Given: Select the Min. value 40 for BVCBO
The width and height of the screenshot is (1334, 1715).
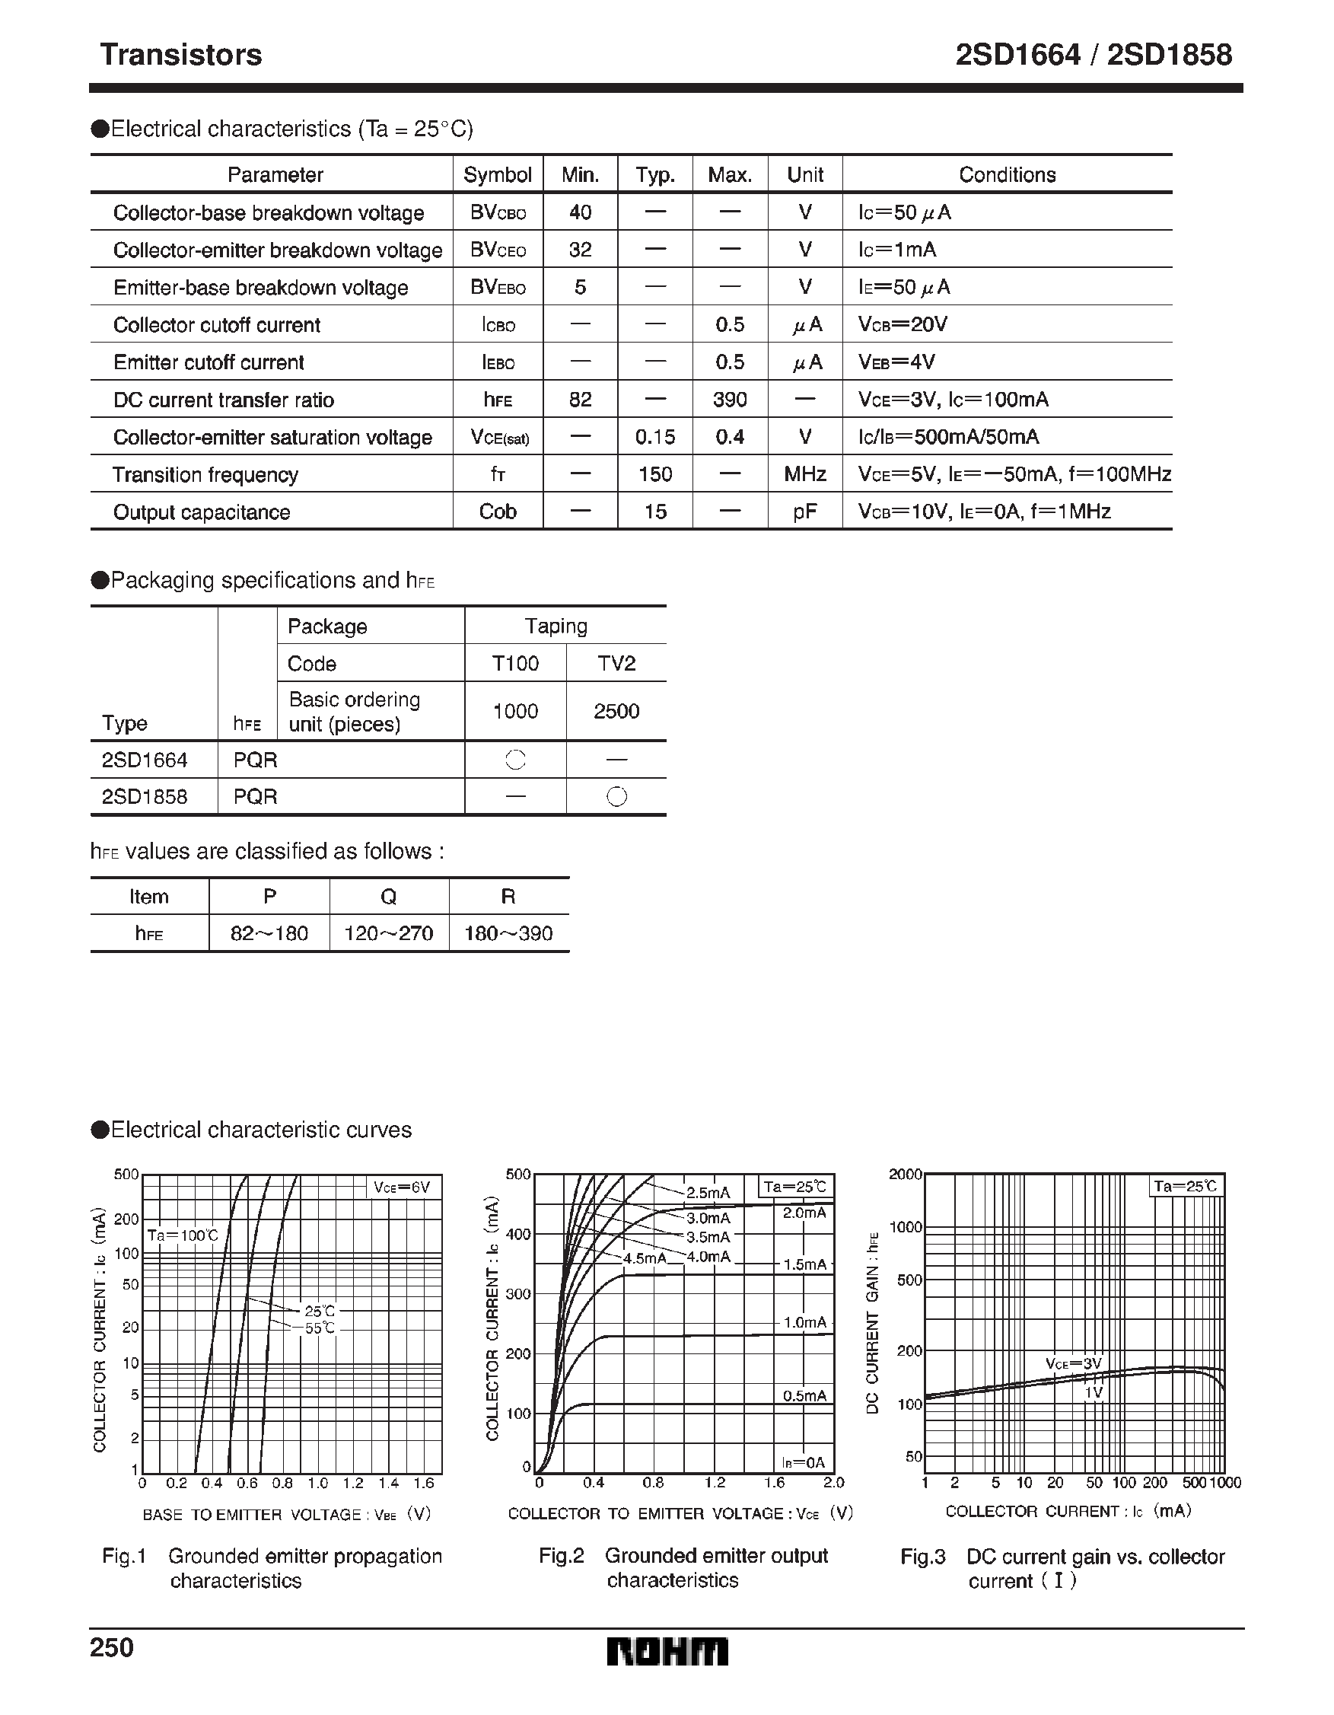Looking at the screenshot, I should (579, 212).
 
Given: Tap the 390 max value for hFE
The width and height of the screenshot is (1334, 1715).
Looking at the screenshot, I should (730, 400).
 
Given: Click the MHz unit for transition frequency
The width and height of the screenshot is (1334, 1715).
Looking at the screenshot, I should (805, 474).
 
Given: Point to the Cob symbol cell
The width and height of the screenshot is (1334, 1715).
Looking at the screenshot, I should (497, 512).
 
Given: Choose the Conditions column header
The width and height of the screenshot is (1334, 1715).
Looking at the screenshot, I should (1007, 174).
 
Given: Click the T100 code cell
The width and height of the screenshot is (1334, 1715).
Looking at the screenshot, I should (515, 664).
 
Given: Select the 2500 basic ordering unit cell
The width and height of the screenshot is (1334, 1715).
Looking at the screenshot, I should (616, 712).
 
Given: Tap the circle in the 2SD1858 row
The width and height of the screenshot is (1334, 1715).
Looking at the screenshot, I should (617, 797).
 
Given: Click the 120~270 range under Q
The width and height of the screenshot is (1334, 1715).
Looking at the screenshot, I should (389, 934).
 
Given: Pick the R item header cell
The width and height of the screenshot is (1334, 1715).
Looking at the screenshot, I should (508, 897).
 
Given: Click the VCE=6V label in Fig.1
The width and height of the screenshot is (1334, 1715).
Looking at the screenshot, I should (402, 1187).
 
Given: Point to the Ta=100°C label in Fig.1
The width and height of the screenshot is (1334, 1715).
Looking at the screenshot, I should (182, 1235).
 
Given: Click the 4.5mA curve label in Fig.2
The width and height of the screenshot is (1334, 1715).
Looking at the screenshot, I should (644, 1258).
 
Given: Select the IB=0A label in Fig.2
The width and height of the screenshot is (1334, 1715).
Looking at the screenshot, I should (804, 1462).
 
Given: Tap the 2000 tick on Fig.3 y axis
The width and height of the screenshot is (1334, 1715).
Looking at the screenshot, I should (905, 1174).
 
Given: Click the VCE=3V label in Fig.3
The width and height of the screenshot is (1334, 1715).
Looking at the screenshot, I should (1073, 1363).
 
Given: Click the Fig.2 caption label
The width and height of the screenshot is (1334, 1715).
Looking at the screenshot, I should (562, 1556).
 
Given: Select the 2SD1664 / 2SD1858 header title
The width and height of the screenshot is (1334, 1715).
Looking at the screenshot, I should (1093, 55).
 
